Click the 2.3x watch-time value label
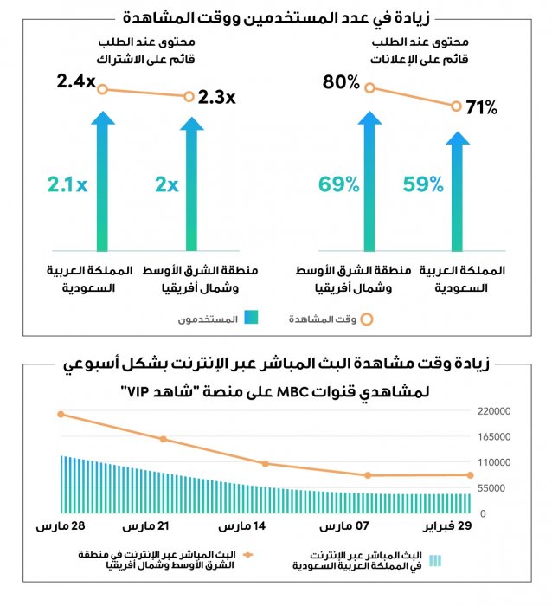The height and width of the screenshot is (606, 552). tap(216, 97)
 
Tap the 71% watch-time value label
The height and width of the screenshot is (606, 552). tap(481, 108)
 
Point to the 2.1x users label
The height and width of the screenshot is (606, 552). tap(67, 184)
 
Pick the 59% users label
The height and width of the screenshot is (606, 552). tap(424, 184)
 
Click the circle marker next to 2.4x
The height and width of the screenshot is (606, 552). tap(103, 88)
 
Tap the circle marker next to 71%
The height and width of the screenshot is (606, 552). tap(456, 106)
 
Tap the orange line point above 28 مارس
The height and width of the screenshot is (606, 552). tap(61, 415)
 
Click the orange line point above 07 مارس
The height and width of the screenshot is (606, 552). tap(368, 475)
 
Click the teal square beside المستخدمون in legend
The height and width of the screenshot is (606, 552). tap(250, 319)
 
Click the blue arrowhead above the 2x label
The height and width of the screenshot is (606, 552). tap(191, 124)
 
